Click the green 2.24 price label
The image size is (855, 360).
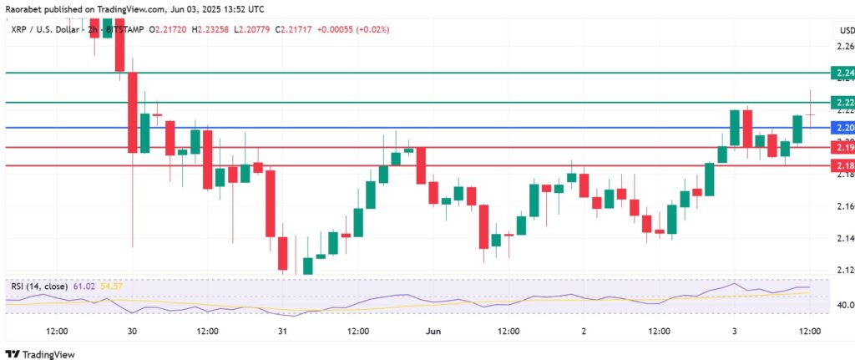pyautogui.click(x=842, y=74)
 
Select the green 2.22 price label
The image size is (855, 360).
pyautogui.click(x=842, y=103)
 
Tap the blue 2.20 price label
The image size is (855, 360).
pyautogui.click(x=842, y=128)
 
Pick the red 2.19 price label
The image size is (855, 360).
pyautogui.click(x=842, y=147)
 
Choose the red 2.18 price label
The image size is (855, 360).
pyautogui.click(x=842, y=165)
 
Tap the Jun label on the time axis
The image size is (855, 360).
pyautogui.click(x=434, y=332)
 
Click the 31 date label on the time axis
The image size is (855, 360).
pyautogui.click(x=283, y=332)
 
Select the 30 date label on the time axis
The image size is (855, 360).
pyautogui.click(x=132, y=332)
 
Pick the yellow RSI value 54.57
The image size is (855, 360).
pyautogui.click(x=112, y=286)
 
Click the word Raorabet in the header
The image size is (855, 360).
pyautogui.click(x=23, y=8)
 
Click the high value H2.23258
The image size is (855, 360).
pyautogui.click(x=215, y=30)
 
